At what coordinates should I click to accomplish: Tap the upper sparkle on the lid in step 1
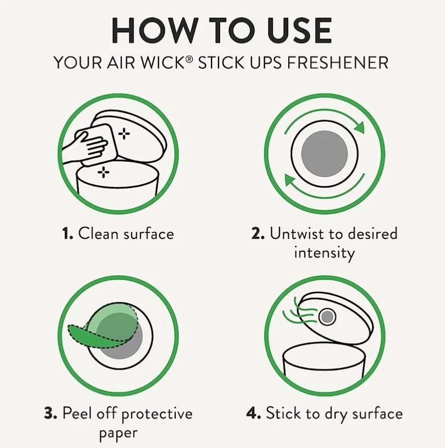[x=124, y=134]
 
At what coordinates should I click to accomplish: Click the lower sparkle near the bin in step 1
[x=104, y=172]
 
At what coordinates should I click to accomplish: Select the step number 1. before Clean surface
[x=68, y=234]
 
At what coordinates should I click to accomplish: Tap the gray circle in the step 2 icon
[x=324, y=154]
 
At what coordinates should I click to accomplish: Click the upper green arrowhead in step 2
[x=359, y=127]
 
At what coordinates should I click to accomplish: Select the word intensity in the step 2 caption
[x=324, y=252]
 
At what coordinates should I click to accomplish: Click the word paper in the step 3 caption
[x=118, y=433]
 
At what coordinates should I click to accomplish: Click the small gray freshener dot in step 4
[x=327, y=317]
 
